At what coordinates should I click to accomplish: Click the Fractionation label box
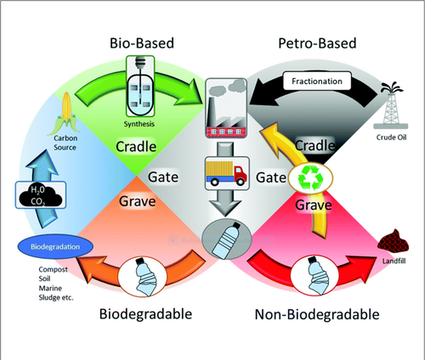click(317, 82)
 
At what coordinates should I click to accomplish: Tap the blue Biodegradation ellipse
click(55, 246)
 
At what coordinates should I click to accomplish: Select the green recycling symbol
click(310, 177)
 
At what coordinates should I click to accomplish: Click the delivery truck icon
click(227, 173)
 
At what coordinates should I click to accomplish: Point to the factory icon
click(226, 108)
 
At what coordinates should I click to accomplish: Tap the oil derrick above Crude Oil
click(391, 105)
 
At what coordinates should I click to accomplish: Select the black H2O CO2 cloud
click(40, 195)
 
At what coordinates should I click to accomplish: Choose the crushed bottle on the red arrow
click(315, 275)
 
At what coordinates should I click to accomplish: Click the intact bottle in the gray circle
click(227, 239)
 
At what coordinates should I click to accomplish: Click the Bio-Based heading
click(142, 43)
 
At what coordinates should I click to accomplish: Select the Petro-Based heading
click(317, 43)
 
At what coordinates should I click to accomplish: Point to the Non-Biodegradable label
click(317, 314)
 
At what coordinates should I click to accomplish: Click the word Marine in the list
click(50, 288)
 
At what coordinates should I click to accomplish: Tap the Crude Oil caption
click(391, 138)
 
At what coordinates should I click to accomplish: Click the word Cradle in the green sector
click(136, 147)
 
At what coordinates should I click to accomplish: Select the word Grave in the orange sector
click(138, 201)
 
